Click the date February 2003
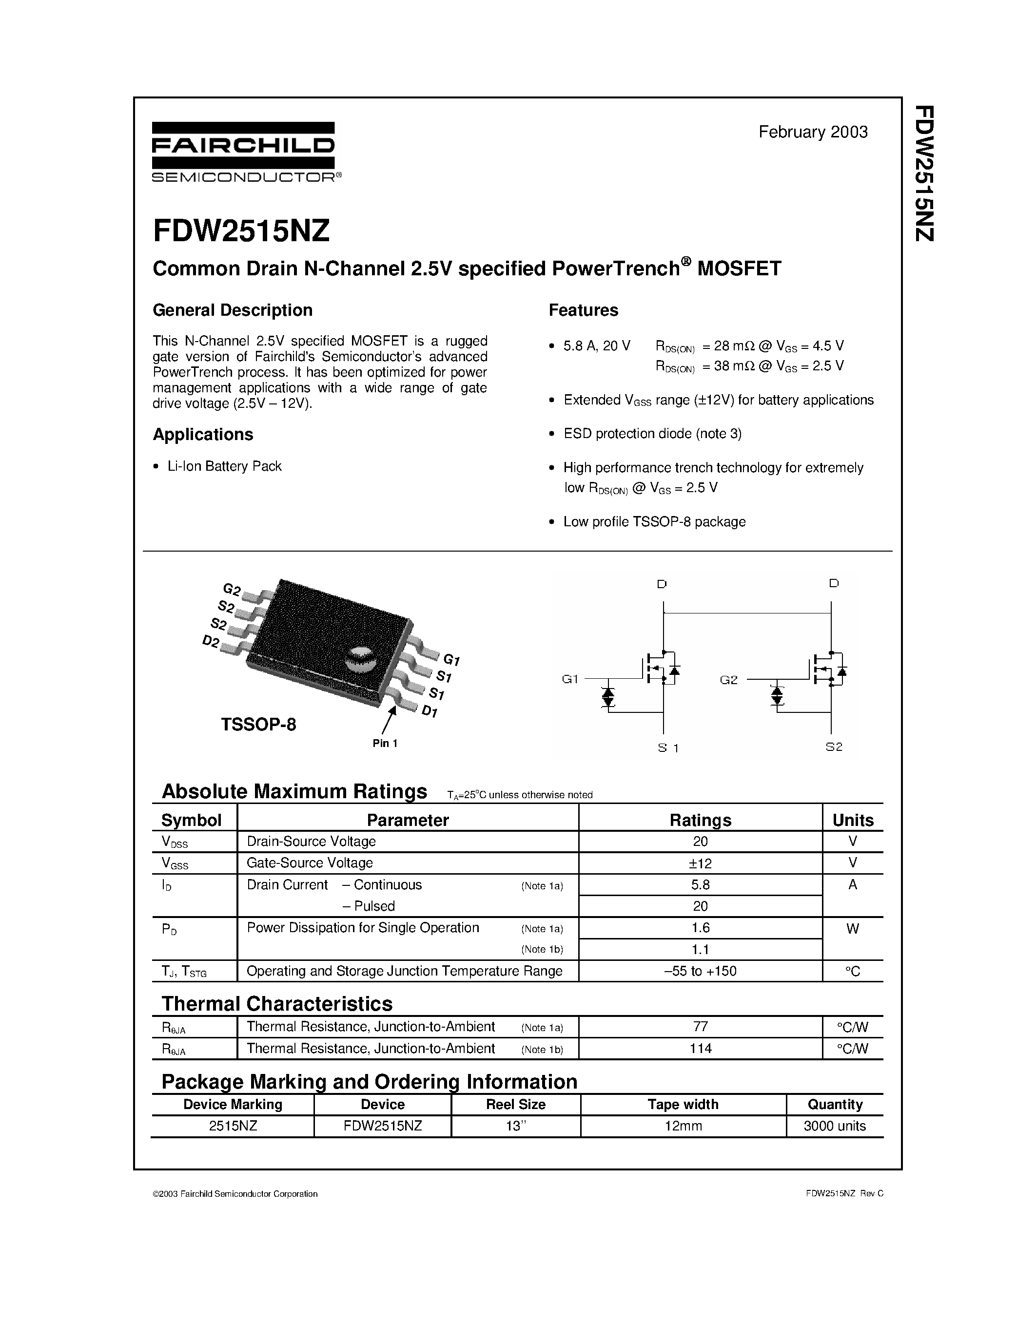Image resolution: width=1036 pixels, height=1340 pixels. (813, 132)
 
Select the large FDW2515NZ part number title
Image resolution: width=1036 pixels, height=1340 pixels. (241, 231)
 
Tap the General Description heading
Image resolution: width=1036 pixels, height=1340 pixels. (233, 310)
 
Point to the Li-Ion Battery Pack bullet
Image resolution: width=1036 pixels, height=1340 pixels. (224, 466)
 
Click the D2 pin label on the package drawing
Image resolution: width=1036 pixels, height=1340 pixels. (211, 642)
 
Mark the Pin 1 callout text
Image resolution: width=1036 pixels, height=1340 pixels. (385, 744)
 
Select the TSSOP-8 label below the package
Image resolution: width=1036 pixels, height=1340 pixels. (258, 725)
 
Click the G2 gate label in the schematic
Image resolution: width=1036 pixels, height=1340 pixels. (728, 680)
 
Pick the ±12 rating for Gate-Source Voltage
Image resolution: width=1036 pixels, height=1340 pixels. (700, 864)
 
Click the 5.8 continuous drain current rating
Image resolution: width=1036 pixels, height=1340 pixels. (700, 885)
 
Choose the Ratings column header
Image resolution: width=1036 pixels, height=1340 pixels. (700, 820)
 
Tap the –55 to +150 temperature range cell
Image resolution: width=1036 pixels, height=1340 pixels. (700, 971)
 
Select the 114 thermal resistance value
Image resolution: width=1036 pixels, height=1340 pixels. (700, 1049)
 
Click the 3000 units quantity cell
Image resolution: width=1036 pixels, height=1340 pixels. (834, 1126)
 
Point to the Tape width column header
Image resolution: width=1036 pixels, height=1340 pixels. (683, 1104)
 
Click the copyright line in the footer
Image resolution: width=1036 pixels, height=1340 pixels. (235, 1194)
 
